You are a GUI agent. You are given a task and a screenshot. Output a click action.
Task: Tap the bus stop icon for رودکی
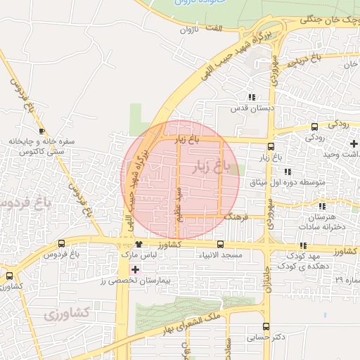point(314,127)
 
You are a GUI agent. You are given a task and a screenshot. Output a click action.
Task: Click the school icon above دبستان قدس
point(252,98)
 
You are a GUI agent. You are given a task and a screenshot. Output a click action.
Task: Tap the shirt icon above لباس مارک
point(139,243)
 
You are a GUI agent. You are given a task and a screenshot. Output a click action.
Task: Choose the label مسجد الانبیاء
point(221,255)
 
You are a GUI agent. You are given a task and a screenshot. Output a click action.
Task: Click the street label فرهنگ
point(236,217)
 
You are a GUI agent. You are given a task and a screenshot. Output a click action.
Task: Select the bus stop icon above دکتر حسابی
point(266,326)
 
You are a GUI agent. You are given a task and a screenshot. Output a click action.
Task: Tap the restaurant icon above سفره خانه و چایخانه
point(42,131)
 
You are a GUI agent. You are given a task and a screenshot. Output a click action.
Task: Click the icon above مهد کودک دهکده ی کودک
point(303,245)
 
